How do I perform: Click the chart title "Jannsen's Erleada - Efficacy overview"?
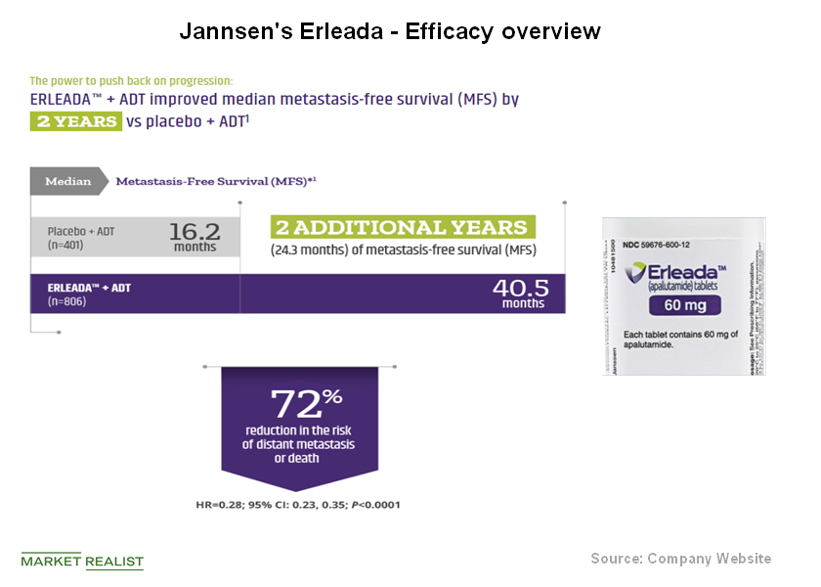tap(389, 31)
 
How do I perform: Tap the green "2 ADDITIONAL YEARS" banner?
tap(402, 227)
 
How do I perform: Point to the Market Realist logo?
tap(82, 562)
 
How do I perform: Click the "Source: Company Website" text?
tap(680, 559)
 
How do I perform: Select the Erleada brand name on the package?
tap(690, 271)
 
